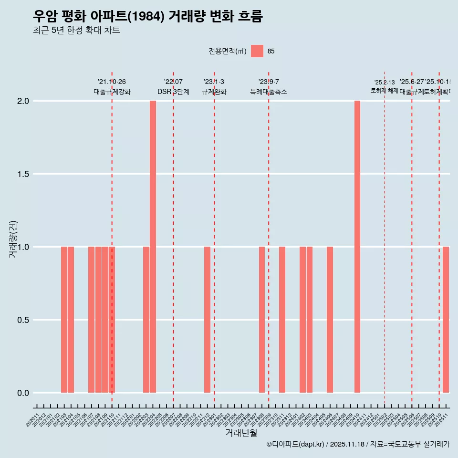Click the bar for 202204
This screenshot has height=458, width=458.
pyautogui.click(x=153, y=247)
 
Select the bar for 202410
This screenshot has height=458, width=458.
pyautogui.click(x=357, y=247)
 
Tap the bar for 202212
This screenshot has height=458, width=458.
pyautogui.click(x=207, y=320)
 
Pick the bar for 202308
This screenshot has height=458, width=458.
pyautogui.click(x=262, y=320)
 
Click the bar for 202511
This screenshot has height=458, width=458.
pyautogui.click(x=446, y=320)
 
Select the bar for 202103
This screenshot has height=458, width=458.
pyautogui.click(x=64, y=320)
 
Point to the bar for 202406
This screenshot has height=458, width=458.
pyautogui.click(x=330, y=320)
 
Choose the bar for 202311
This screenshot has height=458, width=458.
pyautogui.click(x=282, y=320)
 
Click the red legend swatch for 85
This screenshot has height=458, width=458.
pyautogui.click(x=257, y=51)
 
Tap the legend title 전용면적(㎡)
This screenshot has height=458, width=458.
pyautogui.click(x=228, y=51)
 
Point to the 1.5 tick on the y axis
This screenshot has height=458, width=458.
pyautogui.click(x=23, y=174)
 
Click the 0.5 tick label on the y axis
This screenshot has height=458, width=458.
pyautogui.click(x=23, y=320)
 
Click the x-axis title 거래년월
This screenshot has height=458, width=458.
pyautogui.click(x=241, y=433)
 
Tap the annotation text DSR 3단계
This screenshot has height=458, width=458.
pyautogui.click(x=173, y=92)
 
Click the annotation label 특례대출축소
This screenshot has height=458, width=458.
pyautogui.click(x=269, y=92)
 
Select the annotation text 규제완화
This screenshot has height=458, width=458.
pyautogui.click(x=214, y=92)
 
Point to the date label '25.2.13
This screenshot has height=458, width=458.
pyautogui.click(x=385, y=83)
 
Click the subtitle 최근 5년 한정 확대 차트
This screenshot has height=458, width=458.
pyautogui.click(x=76, y=31)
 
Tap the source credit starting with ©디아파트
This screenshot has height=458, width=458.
pyautogui.click(x=358, y=444)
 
